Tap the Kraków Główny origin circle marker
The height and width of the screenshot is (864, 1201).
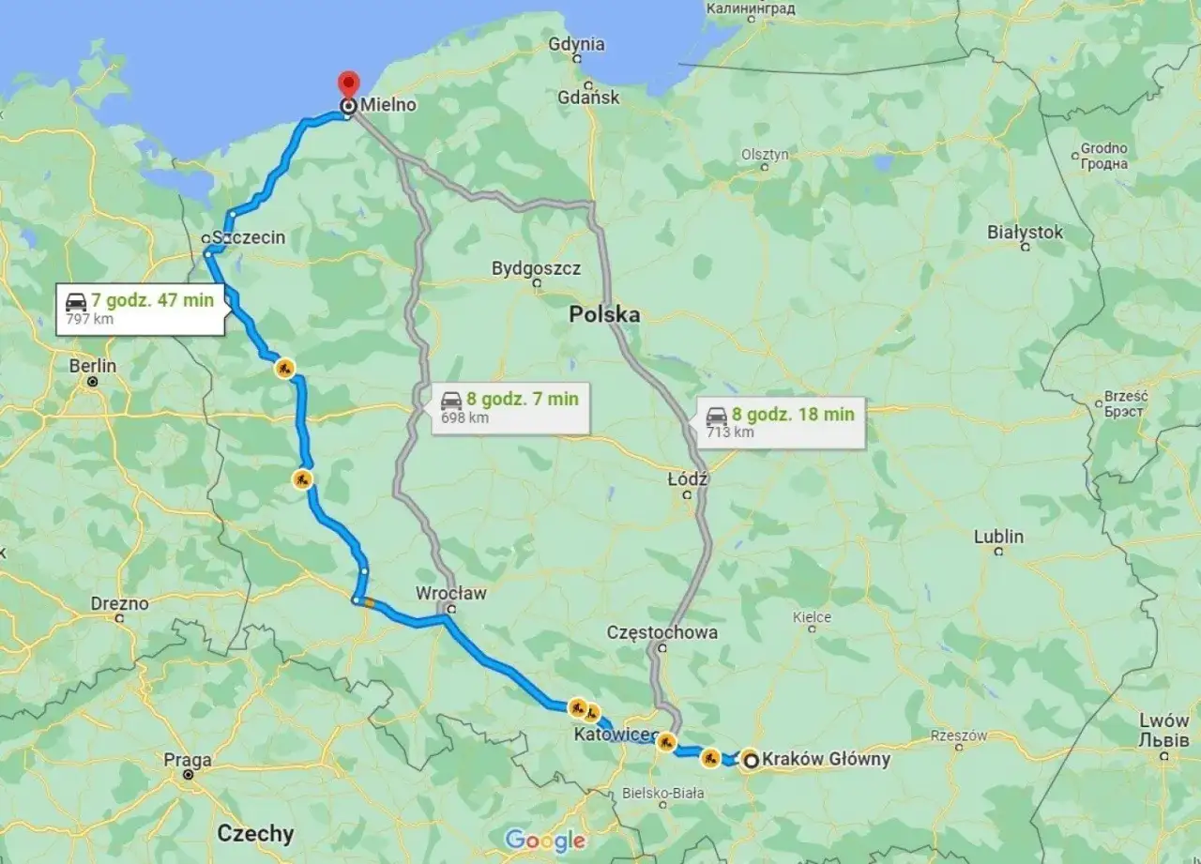752,761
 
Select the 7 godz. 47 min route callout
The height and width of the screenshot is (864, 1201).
141,308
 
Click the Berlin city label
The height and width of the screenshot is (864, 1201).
93,366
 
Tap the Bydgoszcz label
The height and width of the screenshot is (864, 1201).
536,268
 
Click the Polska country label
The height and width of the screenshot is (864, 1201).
604,315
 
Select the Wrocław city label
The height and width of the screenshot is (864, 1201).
451,593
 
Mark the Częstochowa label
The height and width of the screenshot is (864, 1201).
661,631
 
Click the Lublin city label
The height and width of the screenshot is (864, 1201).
998,537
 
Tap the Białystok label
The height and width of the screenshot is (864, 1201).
1025,232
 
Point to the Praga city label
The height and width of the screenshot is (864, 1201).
188,760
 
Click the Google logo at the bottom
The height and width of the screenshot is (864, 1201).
544,840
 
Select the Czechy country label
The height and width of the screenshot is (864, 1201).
255,832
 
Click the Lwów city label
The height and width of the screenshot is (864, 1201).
1163,721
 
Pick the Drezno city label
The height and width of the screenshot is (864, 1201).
119,603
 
